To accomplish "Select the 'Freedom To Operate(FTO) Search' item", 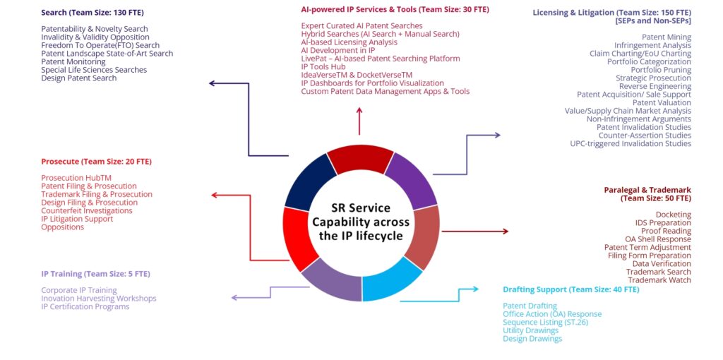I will tap(100, 45).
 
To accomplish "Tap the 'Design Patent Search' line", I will tap(79, 78).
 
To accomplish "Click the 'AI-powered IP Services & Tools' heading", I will tap(394, 10).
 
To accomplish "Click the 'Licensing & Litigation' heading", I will tap(611, 13).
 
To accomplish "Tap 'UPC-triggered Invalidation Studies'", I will tap(631, 144).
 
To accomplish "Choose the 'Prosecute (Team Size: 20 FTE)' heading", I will tap(96, 162).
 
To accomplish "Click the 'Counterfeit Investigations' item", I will tap(87, 210).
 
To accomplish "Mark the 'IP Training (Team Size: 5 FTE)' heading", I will tap(95, 273).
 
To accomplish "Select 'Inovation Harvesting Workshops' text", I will tap(99, 299).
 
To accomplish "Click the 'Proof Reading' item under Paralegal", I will tap(666, 231).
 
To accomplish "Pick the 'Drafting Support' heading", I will tap(570, 289).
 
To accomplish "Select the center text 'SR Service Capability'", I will tap(361, 221).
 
